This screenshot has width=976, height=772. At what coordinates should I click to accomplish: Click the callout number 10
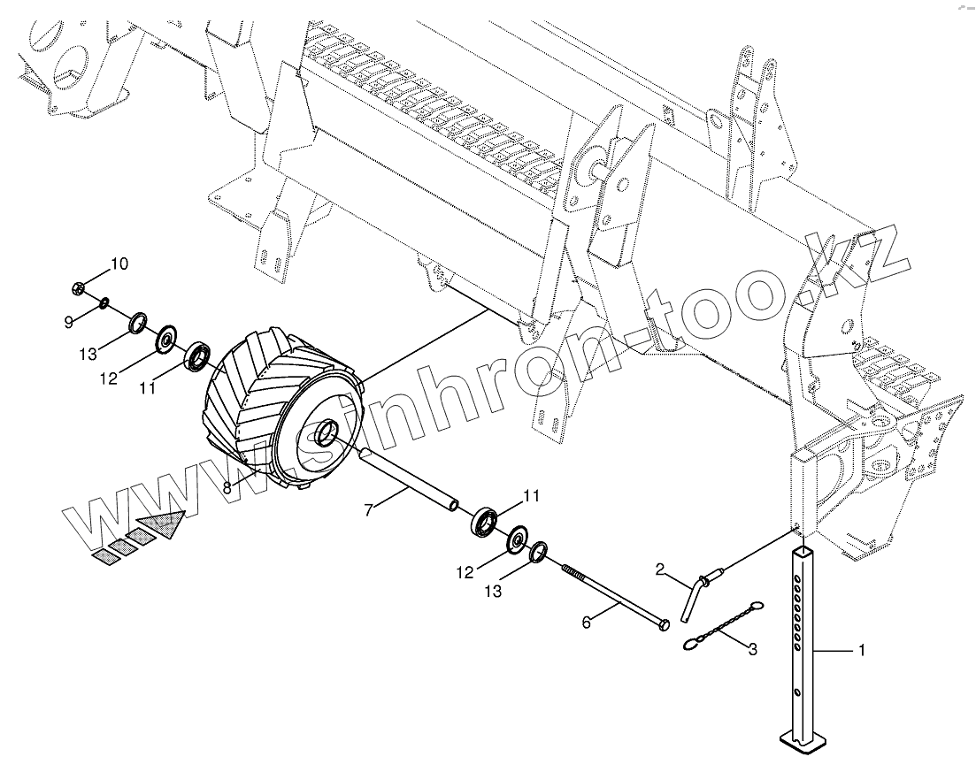(x=119, y=263)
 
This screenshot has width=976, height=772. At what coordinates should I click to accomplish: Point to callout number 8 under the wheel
(x=227, y=486)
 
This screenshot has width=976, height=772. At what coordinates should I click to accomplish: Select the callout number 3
(x=753, y=651)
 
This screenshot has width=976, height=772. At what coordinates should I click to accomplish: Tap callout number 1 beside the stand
(x=860, y=651)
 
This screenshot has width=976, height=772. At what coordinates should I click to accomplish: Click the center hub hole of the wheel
(x=326, y=433)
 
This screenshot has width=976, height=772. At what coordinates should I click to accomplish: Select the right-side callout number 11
(x=530, y=497)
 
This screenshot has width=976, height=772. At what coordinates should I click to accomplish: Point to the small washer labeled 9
(x=104, y=303)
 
